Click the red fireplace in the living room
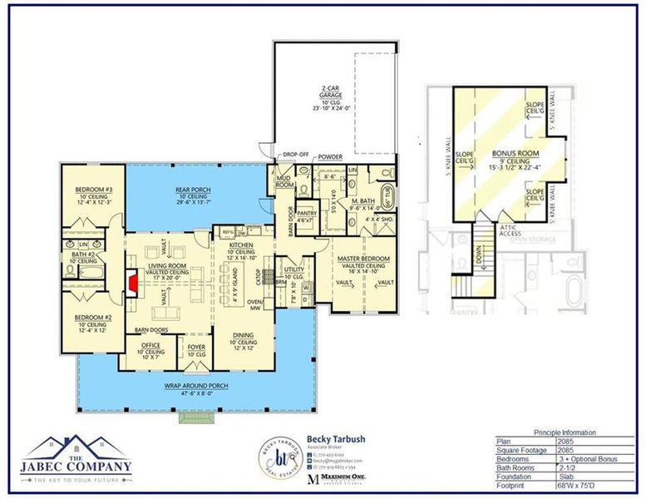coord(132,282)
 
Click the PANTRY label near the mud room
coord(307,213)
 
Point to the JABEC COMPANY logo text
coord(76,467)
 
